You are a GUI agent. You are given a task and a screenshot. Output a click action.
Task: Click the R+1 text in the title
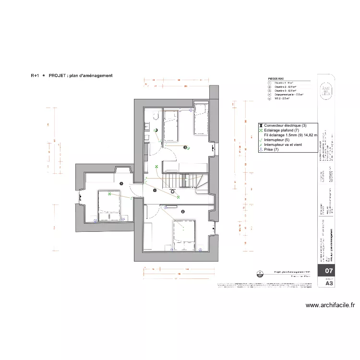[35, 75]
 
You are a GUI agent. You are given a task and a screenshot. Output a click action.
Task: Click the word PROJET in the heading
[58, 75]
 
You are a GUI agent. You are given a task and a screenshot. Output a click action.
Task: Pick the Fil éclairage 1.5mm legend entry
[284, 135]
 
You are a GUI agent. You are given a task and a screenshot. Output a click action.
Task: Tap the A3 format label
[329, 283]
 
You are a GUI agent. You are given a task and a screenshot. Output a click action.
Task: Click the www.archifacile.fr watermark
[330, 305]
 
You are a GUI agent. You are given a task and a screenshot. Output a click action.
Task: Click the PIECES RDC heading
[276, 79]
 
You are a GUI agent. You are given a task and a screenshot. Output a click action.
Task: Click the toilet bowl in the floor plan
[156, 116]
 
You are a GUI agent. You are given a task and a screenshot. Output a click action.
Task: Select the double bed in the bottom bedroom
[185, 234]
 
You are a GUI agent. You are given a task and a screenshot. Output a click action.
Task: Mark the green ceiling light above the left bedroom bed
[110, 194]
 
